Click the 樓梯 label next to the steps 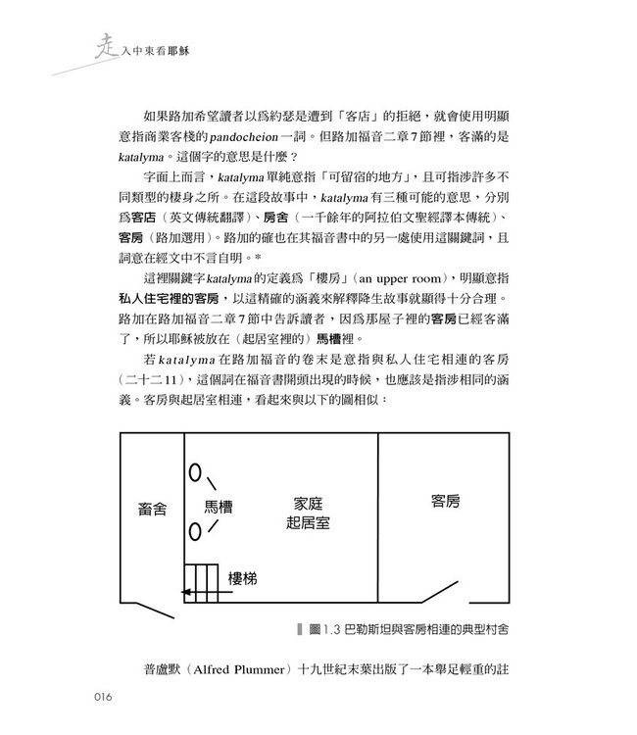(x=243, y=578)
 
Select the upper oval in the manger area (x=195, y=474)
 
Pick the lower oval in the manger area (x=195, y=532)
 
